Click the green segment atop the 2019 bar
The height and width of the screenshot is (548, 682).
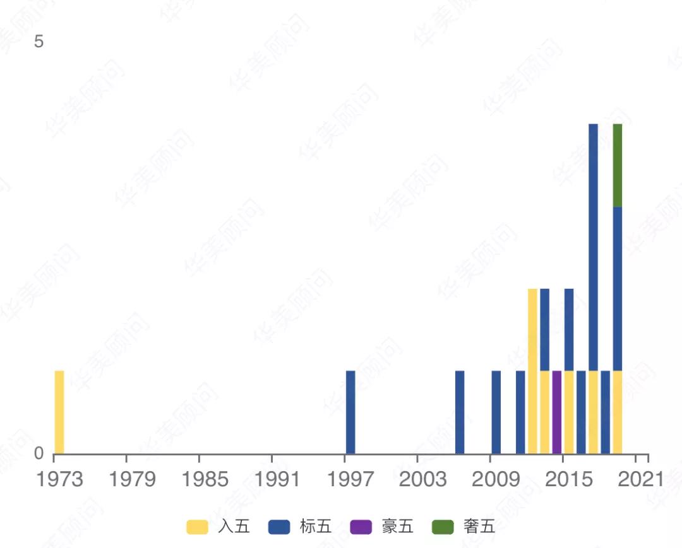coord(618,165)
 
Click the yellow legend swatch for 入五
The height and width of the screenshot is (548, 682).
coord(197,527)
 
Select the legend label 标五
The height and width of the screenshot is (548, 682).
coord(316,527)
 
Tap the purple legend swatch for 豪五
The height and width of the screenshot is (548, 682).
coord(361,527)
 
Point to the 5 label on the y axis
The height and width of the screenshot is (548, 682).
coord(39,42)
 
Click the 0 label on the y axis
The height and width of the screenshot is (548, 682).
coord(39,453)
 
